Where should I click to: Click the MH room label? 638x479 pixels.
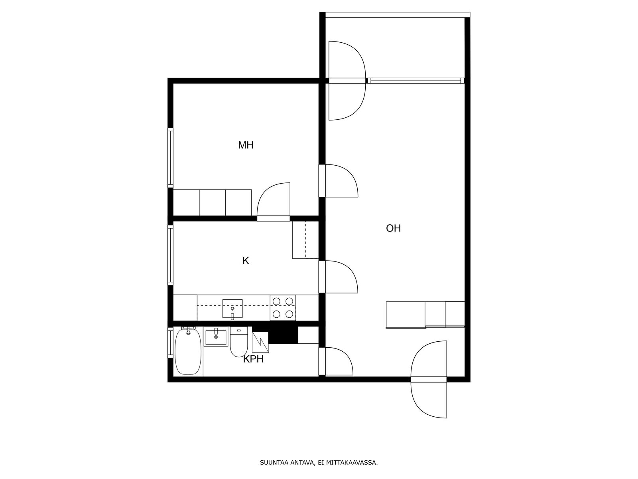pos(246,145)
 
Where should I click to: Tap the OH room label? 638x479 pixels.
pos(393,228)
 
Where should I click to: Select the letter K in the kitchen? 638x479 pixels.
pos(246,261)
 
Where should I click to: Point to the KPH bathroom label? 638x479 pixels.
pos(253,359)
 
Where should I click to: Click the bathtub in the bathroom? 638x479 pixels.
pos(188,352)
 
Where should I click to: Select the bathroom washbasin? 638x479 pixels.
pos(216,336)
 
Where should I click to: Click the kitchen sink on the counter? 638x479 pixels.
pos(232,309)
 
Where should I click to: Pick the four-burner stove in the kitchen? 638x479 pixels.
pos(283,308)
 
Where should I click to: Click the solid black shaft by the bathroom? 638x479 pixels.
pos(283,335)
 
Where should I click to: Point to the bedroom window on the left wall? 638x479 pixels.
pos(170,158)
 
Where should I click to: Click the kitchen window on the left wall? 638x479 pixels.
pos(170,255)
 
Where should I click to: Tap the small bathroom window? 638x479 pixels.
pos(170,343)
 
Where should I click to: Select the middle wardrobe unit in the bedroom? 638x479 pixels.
pos(212,203)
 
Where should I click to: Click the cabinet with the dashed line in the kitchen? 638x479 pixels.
pos(305,240)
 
